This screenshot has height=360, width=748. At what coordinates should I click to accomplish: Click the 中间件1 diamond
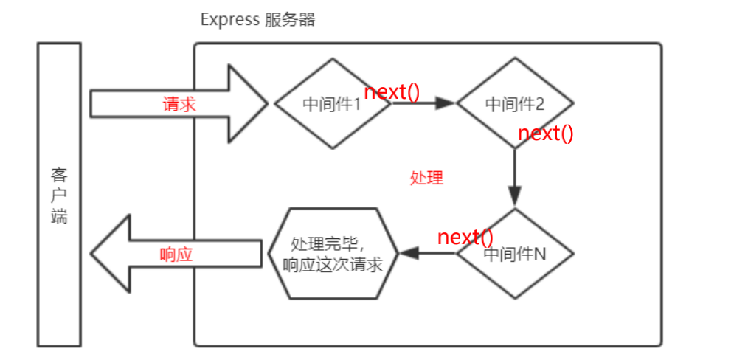(x=332, y=104)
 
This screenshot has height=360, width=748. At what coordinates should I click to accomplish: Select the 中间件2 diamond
(x=515, y=104)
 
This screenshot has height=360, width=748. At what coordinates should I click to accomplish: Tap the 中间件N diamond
(x=515, y=254)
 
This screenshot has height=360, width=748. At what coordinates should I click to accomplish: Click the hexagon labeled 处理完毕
(x=333, y=254)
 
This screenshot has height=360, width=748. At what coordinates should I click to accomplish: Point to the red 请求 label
(x=179, y=104)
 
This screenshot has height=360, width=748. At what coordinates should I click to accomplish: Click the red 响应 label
(x=176, y=255)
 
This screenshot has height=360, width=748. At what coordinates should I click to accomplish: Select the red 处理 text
(x=426, y=178)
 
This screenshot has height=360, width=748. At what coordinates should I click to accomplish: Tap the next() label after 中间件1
(x=392, y=92)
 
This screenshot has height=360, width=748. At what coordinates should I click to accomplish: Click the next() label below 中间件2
(x=546, y=134)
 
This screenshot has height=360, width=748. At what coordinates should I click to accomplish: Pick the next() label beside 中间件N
(x=465, y=238)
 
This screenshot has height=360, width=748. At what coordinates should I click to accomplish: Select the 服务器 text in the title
(x=290, y=20)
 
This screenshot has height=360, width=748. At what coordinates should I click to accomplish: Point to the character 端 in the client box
(x=59, y=217)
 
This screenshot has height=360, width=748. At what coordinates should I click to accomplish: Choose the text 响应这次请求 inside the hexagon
(x=333, y=264)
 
